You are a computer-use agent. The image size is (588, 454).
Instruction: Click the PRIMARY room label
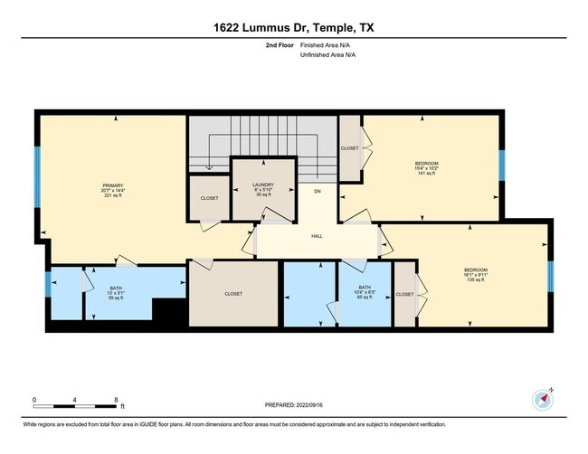(x=113, y=185)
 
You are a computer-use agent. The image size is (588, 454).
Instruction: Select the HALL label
(x=317, y=236)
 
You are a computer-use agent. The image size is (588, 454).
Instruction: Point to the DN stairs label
(x=317, y=192)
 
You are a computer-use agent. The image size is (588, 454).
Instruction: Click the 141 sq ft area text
(x=426, y=174)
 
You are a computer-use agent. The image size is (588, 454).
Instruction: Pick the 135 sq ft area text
(x=476, y=280)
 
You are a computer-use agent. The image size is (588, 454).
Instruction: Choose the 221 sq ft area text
(x=113, y=196)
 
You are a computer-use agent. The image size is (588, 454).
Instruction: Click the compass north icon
(x=541, y=398)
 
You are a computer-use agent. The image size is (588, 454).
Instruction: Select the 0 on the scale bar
(x=34, y=398)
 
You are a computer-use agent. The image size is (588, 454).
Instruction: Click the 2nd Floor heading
(x=279, y=44)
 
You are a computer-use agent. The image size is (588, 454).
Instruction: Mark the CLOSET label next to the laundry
(x=209, y=198)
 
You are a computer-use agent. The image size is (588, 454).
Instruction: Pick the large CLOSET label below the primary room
(x=233, y=293)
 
